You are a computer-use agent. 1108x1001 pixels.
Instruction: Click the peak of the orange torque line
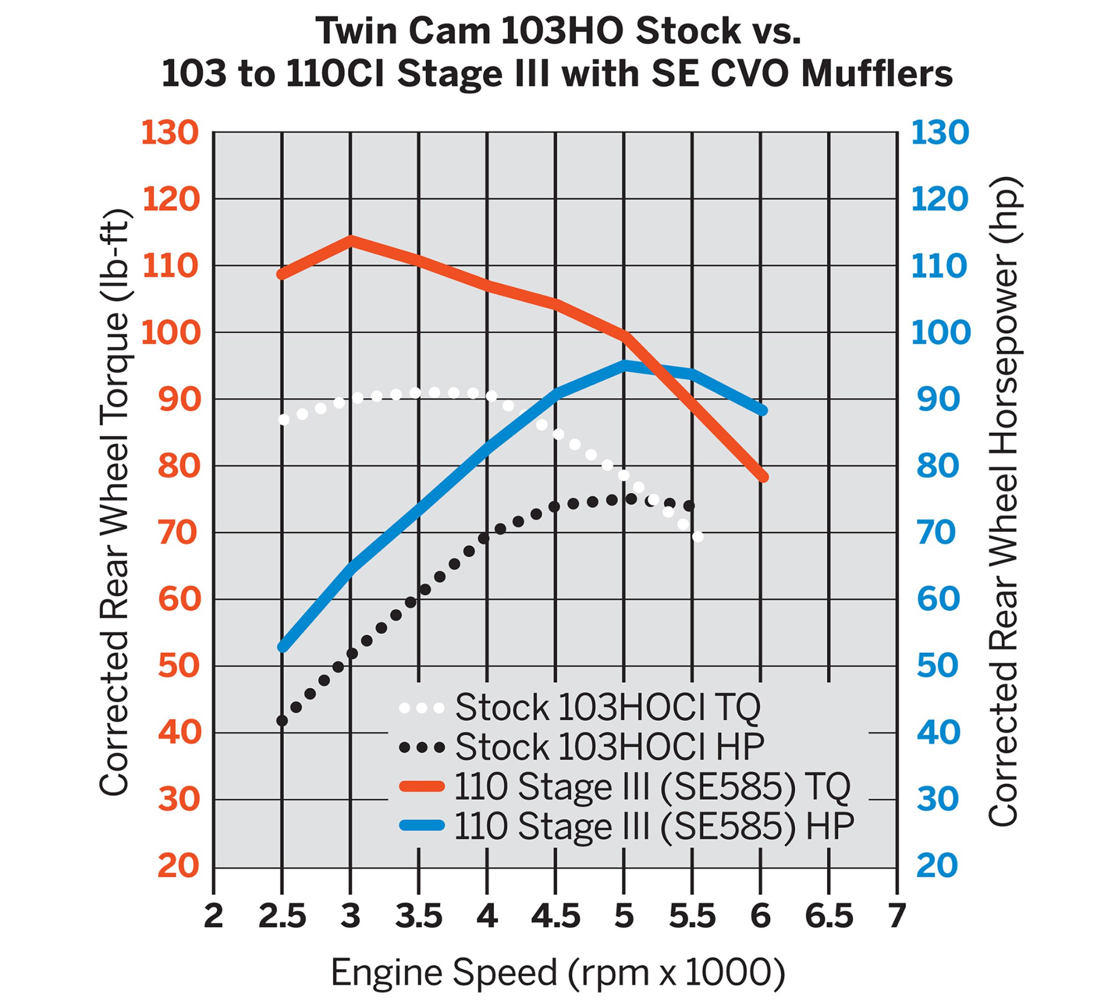pyautogui.click(x=351, y=241)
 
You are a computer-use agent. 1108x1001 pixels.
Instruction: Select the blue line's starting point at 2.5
pyautogui.click(x=282, y=647)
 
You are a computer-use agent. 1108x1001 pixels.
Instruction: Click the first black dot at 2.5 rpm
pyautogui.click(x=282, y=720)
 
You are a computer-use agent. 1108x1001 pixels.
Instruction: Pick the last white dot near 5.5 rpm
pyautogui.click(x=698, y=537)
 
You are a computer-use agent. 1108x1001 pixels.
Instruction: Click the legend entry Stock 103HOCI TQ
pyautogui.click(x=608, y=707)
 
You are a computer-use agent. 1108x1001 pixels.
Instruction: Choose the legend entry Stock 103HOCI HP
pyautogui.click(x=609, y=747)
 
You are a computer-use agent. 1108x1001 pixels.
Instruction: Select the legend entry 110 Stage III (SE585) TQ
pyautogui.click(x=652, y=787)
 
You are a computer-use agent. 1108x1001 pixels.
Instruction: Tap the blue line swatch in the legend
pyautogui.click(x=421, y=825)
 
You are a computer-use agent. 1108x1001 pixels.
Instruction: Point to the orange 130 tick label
pyautogui.click(x=170, y=133)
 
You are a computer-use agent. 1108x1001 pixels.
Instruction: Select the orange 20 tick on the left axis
pyautogui.click(x=177, y=866)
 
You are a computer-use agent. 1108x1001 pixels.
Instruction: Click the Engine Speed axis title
pyautogui.click(x=557, y=972)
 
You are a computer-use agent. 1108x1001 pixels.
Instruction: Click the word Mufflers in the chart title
pyautogui.click(x=876, y=74)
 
